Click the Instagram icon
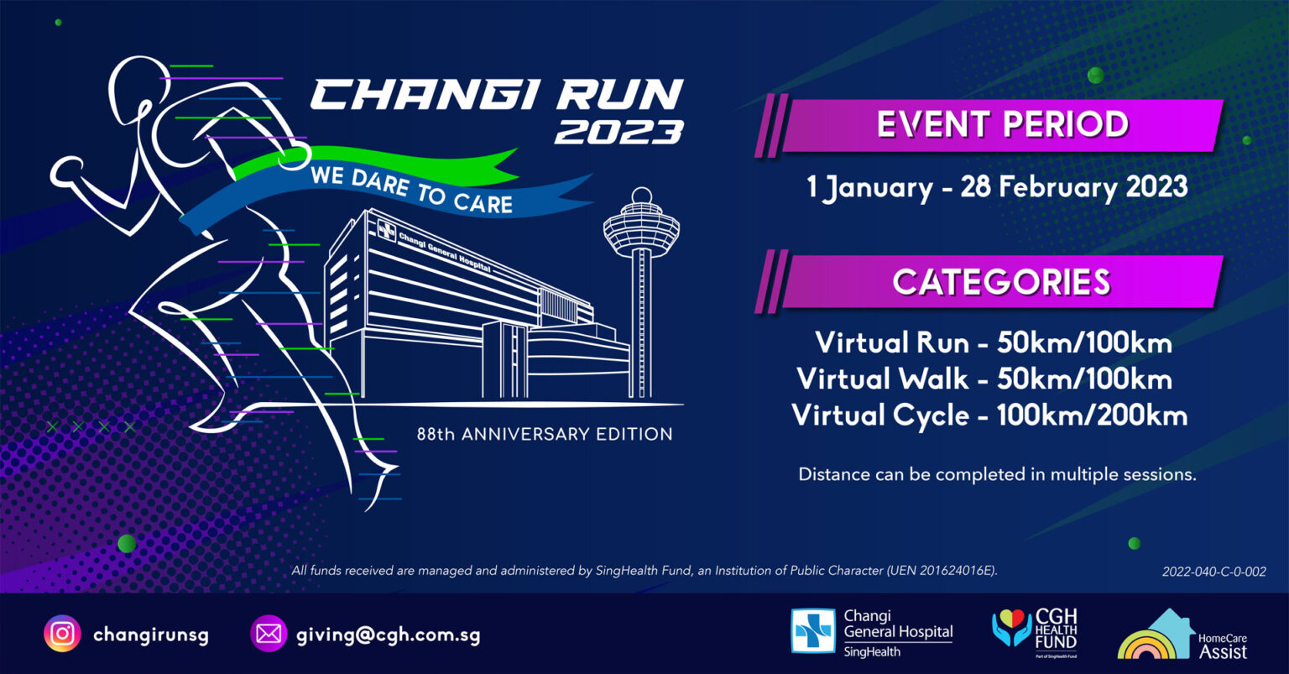(62, 634)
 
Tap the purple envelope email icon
(269, 634)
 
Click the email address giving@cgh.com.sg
(388, 635)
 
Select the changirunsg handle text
(151, 635)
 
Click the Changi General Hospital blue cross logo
(813, 631)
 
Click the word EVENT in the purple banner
(933, 124)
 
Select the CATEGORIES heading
(1001, 282)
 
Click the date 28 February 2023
(1074, 187)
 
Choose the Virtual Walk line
(984, 379)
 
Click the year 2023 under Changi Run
(619, 133)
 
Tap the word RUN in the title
(620, 94)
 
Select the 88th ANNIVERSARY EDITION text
(545, 434)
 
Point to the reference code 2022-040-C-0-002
(1213, 572)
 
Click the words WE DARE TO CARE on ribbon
(411, 190)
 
